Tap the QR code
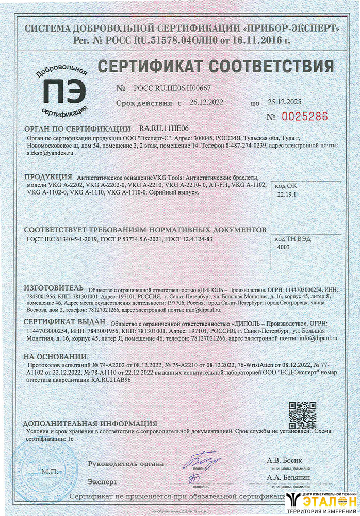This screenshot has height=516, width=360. click(x=302, y=415)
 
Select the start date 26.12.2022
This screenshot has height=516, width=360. click(x=206, y=103)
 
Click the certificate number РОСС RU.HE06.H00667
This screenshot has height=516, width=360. click(x=172, y=88)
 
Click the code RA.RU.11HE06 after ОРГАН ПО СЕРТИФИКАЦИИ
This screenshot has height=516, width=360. click(x=165, y=128)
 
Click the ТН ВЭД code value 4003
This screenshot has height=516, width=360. click(x=284, y=247)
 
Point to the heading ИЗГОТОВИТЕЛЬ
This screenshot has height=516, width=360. click(x=53, y=287)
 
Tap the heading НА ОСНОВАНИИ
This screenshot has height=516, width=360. click(x=55, y=357)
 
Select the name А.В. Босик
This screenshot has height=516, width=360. click(x=284, y=460)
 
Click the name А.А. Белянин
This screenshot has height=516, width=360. click(x=288, y=478)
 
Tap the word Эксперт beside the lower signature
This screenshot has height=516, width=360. click(x=103, y=481)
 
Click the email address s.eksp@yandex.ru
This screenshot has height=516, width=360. click(x=50, y=153)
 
